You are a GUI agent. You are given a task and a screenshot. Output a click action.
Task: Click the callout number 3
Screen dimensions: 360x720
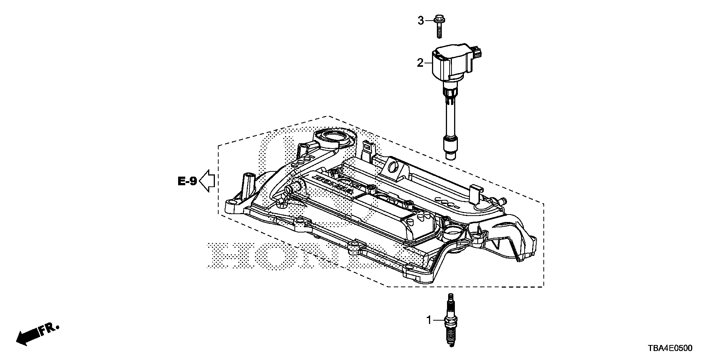(x=421, y=21)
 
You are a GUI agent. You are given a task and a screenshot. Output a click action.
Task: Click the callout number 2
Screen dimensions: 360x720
(x=420, y=63)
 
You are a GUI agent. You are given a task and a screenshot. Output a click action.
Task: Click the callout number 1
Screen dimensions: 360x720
(x=429, y=320)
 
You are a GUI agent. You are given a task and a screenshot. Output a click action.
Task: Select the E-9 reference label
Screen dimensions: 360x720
(x=187, y=181)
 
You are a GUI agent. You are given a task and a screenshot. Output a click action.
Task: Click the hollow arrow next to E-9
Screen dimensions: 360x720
(x=207, y=181)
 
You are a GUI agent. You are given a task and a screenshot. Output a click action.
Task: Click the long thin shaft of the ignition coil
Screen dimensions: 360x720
(x=448, y=120)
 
